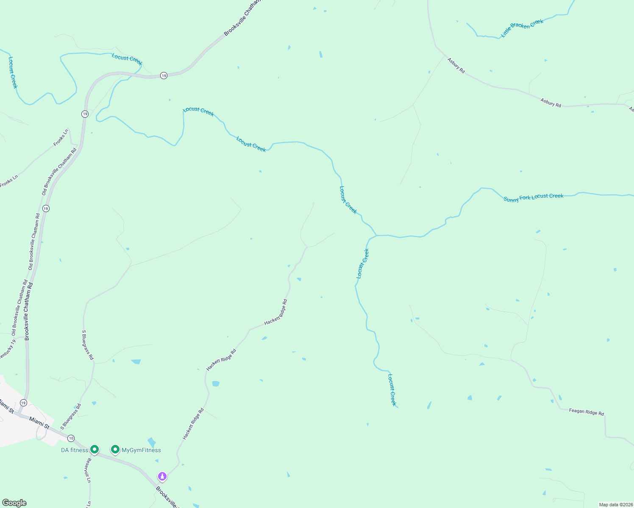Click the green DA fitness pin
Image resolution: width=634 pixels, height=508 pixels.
[x=95, y=449]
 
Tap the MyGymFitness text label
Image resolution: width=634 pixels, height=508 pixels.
[x=141, y=450]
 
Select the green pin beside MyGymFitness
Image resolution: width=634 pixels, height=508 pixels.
[x=115, y=449]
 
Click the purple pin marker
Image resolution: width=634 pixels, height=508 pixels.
[x=162, y=477]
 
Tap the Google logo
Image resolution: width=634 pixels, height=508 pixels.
[x=14, y=503]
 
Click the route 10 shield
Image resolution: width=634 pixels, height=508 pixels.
[x=71, y=438]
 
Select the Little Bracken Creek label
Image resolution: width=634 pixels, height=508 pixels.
[x=522, y=28]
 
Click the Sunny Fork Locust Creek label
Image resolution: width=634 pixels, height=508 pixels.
[x=534, y=198]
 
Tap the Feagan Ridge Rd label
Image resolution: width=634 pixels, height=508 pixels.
[x=586, y=412]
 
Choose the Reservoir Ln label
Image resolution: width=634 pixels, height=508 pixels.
[x=89, y=470]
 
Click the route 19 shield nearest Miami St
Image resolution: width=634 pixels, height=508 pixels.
[x=23, y=403]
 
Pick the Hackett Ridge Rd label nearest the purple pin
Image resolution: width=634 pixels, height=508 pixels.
[x=193, y=423]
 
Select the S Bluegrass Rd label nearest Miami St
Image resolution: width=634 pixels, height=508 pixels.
[x=70, y=417]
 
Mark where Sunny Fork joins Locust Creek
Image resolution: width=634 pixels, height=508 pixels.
[x=376, y=235]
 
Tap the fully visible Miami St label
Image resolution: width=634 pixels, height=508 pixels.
[x=39, y=422]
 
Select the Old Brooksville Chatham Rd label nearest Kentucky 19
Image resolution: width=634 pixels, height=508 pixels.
[x=19, y=308]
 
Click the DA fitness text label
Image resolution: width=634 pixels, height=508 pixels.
[x=75, y=450]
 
